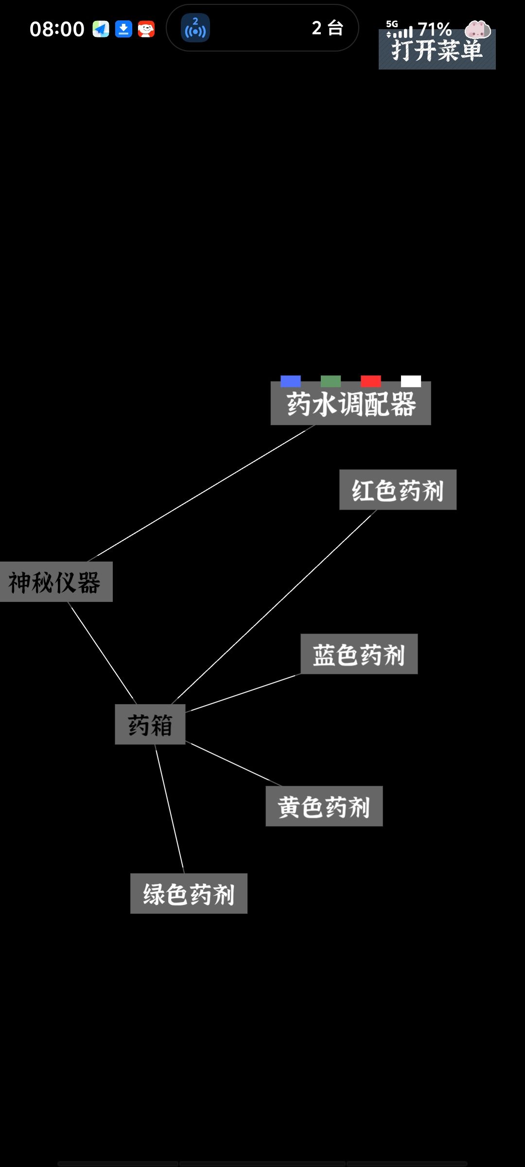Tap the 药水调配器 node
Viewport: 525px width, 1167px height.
(350, 403)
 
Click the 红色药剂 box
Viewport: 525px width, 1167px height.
(398, 490)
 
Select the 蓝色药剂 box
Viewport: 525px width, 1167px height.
(359, 654)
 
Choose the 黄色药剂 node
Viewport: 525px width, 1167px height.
(324, 806)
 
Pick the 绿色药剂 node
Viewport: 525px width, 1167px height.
(189, 894)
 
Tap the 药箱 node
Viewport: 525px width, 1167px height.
(150, 725)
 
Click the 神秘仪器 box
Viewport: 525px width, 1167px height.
(56, 582)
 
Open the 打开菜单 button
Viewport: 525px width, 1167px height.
(437, 50)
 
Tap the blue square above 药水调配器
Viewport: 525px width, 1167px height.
(291, 381)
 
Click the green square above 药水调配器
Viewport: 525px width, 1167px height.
(331, 381)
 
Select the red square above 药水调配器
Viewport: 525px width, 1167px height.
(371, 381)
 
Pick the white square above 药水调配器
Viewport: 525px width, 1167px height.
(411, 381)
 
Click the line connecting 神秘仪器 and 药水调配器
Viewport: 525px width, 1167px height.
(201, 494)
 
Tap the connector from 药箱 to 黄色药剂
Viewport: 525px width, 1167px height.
(234, 764)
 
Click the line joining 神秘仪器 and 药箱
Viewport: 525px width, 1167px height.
(102, 653)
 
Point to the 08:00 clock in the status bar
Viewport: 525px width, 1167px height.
(57, 29)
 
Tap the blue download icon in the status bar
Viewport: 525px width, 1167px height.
(123, 29)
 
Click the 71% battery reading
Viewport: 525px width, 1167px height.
(435, 29)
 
